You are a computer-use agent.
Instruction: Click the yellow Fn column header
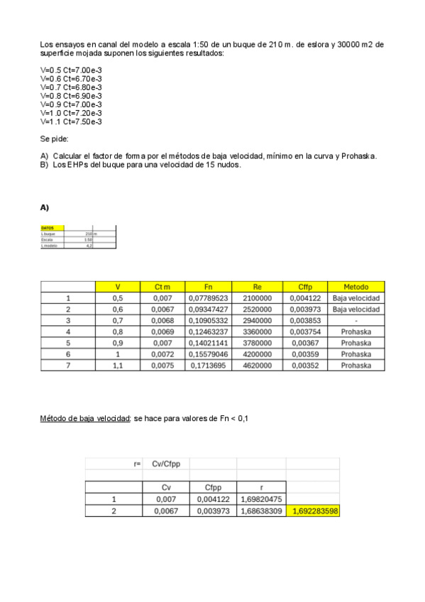click(208, 287)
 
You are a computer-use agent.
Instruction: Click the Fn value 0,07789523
click(208, 298)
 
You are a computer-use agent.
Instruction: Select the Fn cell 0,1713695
click(208, 365)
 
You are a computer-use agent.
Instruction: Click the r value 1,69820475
click(262, 499)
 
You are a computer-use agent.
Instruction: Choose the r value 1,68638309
click(262, 510)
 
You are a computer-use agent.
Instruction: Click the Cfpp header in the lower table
click(214, 487)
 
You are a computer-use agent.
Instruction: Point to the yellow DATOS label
click(48, 228)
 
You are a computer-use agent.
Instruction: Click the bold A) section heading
click(45, 207)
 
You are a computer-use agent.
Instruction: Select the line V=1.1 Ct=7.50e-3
click(71, 121)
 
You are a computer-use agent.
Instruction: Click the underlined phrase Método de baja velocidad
click(85, 419)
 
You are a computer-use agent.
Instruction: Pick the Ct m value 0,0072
click(163, 354)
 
